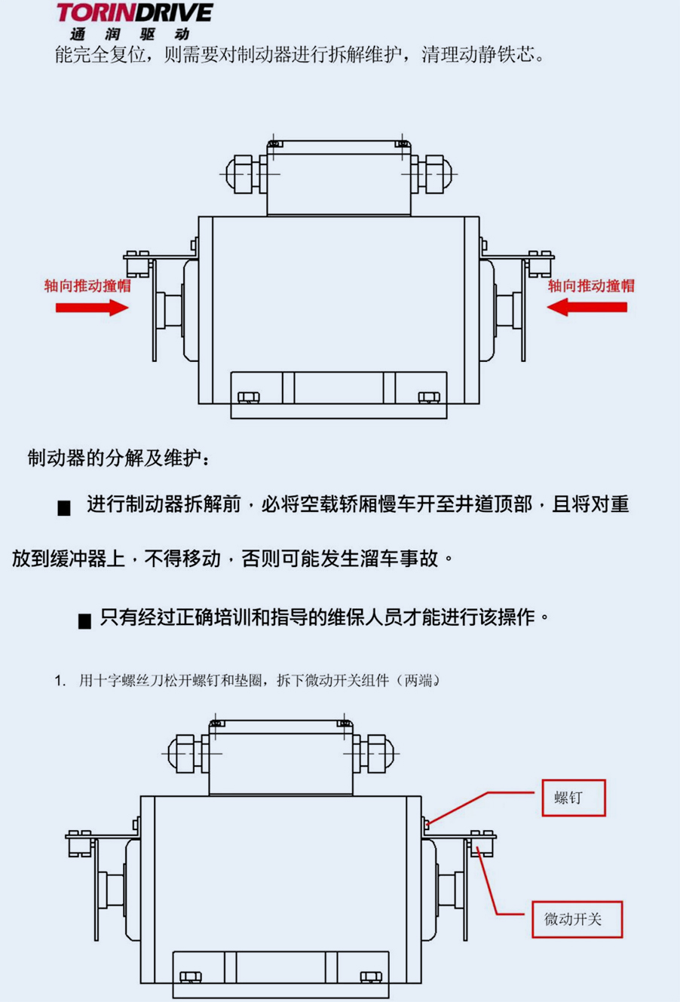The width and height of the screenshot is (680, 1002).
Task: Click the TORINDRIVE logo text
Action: coord(135,13)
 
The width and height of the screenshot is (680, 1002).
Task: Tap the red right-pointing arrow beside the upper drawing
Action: coord(92,308)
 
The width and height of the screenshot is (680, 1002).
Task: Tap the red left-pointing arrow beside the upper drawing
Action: coord(587,308)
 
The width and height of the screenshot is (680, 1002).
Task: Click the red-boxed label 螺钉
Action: coord(574,798)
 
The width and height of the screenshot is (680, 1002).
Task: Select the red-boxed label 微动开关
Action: coord(577,920)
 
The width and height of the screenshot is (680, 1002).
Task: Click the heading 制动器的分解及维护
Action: coord(118,458)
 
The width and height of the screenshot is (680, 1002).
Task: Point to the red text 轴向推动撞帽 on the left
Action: coord(87,286)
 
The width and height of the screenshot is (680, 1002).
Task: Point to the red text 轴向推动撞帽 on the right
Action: coord(592,286)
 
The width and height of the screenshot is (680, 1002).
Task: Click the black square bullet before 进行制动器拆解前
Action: coord(64,508)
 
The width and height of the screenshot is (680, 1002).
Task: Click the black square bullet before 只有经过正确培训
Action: coord(84,621)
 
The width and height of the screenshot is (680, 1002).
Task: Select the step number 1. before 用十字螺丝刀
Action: coord(60,681)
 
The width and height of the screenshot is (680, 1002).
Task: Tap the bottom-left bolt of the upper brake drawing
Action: coord(248,397)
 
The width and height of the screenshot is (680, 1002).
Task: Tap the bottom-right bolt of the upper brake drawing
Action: coord(428,397)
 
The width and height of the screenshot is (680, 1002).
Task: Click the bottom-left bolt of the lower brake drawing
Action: coord(190,977)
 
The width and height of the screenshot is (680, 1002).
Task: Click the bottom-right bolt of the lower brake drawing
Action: coord(371,977)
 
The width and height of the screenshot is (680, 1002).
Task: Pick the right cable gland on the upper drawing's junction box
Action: coord(431,174)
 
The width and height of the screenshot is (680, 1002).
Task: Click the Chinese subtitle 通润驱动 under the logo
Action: coord(130,34)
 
